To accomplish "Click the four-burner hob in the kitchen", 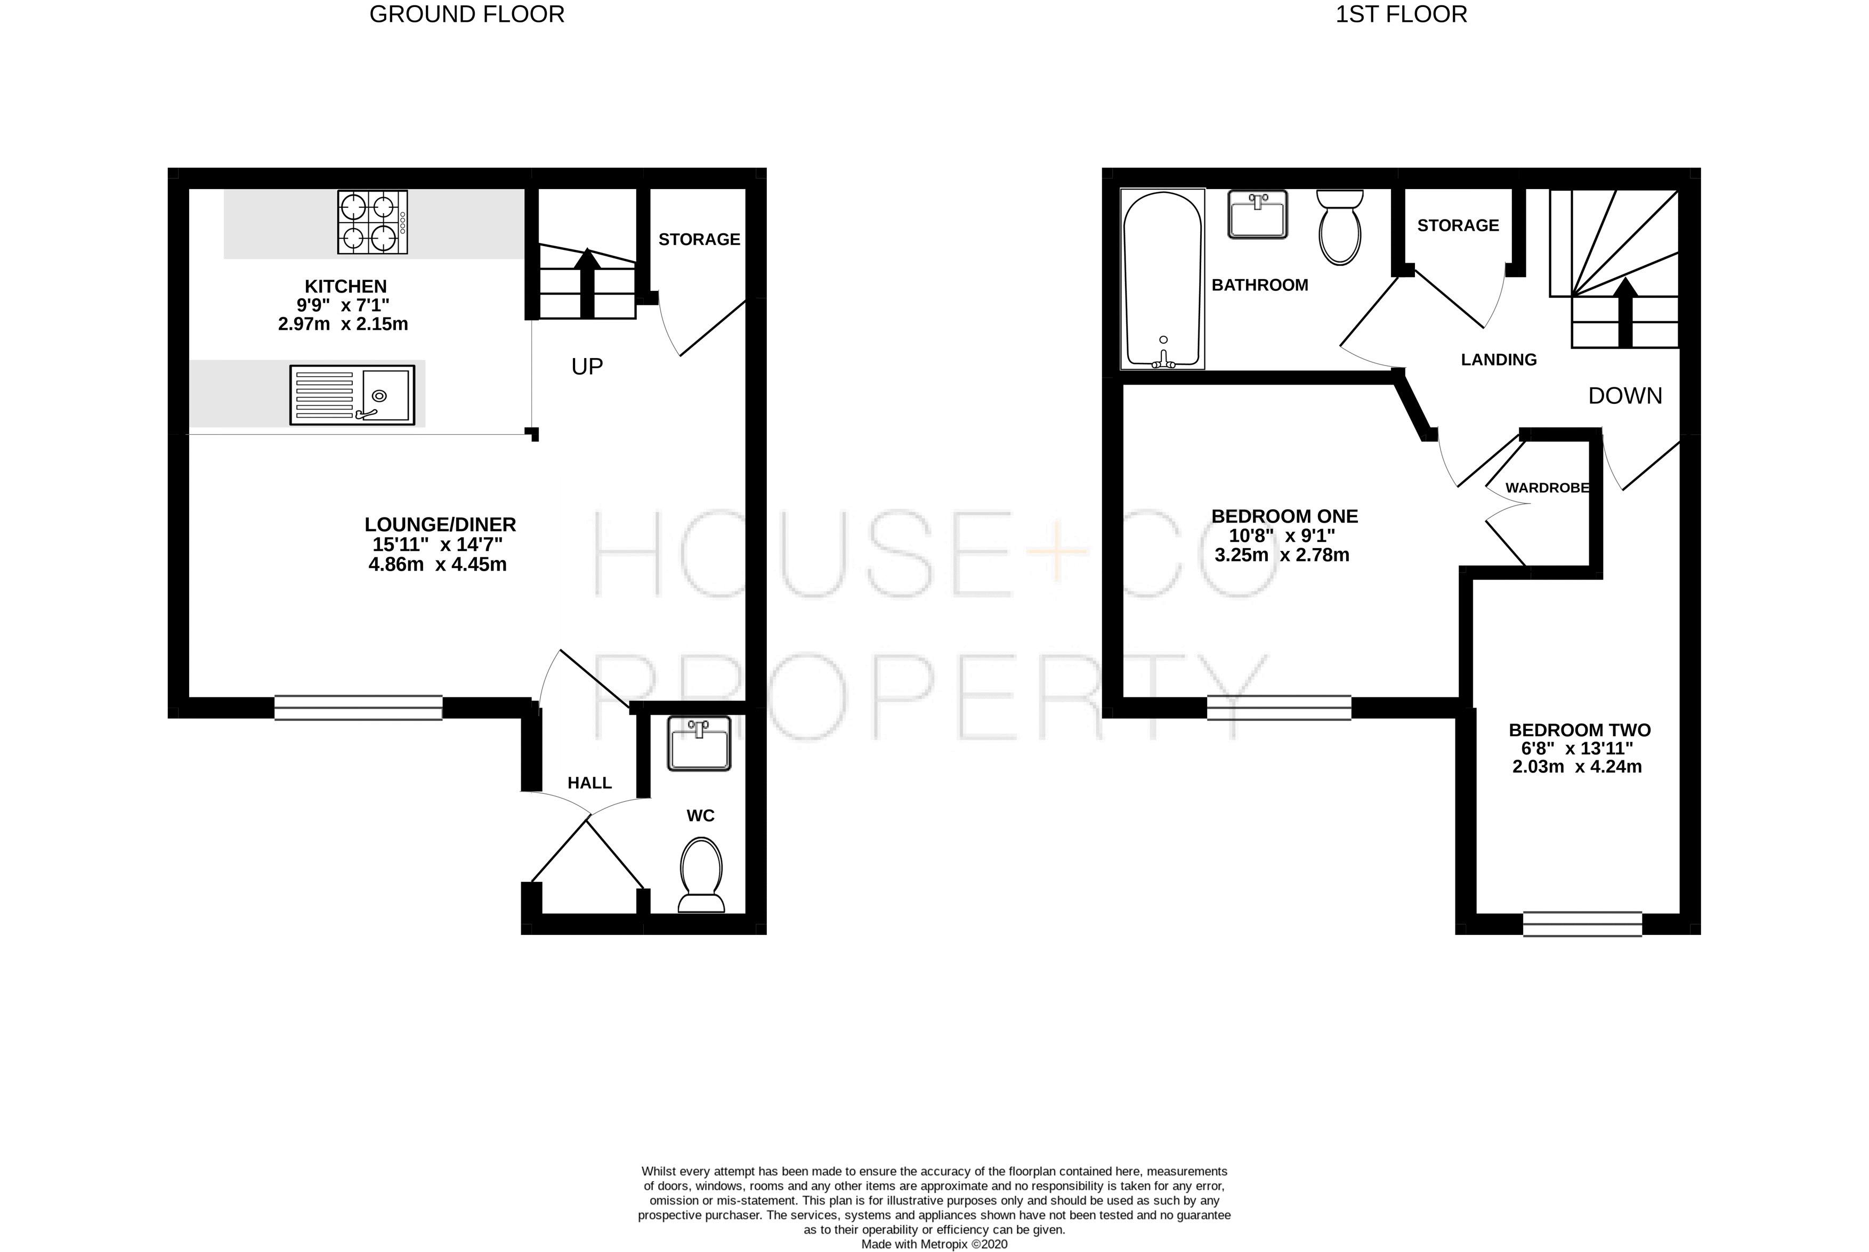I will [x=372, y=222].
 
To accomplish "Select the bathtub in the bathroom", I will [x=1162, y=280].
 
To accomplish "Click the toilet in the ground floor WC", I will [x=701, y=874].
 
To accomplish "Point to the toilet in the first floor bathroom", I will [x=1339, y=227].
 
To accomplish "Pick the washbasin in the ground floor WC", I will [x=699, y=743].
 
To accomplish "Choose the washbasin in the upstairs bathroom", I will [x=1258, y=214].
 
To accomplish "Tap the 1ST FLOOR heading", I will [x=1401, y=14].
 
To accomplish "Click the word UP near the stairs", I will [x=587, y=367].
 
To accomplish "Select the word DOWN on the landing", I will [x=1624, y=396].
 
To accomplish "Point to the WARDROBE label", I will [x=1547, y=488].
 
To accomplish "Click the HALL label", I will [x=589, y=783].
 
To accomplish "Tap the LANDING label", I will [x=1499, y=360].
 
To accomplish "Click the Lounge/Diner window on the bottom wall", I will [x=359, y=708].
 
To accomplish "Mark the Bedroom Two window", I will [x=1582, y=924].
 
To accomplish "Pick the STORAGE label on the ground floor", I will [x=699, y=240].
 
